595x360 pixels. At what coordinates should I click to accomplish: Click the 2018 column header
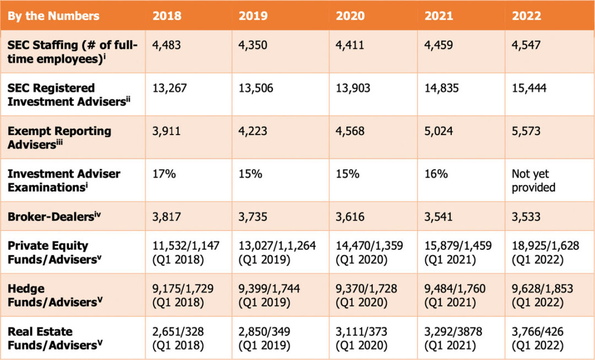[x=167, y=15]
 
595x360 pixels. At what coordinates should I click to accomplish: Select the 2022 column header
[x=526, y=15]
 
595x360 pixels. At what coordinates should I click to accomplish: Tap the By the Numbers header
[x=53, y=15]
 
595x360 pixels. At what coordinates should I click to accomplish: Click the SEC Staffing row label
[x=72, y=52]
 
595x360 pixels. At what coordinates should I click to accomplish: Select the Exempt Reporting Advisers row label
[x=59, y=137]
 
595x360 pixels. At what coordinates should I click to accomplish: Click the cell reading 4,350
[x=253, y=45]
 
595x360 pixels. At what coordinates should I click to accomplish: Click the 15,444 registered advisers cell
[x=529, y=88]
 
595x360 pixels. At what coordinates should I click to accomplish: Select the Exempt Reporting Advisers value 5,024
[x=439, y=131]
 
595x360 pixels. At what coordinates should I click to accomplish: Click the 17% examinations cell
[x=164, y=174]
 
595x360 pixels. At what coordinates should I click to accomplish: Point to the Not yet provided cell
[x=533, y=180]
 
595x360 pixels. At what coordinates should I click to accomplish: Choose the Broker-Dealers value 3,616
[x=350, y=217]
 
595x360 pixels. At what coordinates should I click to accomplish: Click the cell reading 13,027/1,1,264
[x=277, y=252]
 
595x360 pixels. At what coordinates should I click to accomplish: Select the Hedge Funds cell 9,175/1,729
[x=183, y=295]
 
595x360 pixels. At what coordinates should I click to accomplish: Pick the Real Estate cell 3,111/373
[x=361, y=338]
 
